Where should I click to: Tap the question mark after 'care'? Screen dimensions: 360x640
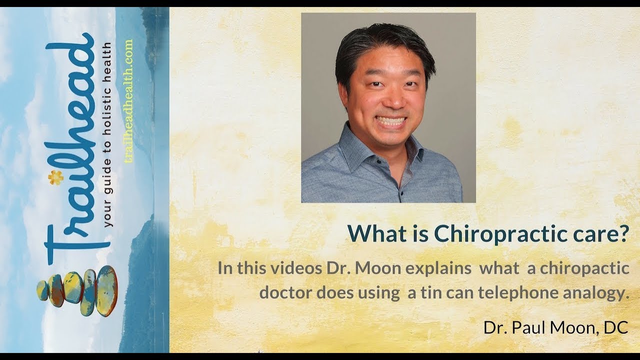pos(622,233)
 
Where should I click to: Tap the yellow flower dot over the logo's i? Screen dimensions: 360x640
pos(55,177)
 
